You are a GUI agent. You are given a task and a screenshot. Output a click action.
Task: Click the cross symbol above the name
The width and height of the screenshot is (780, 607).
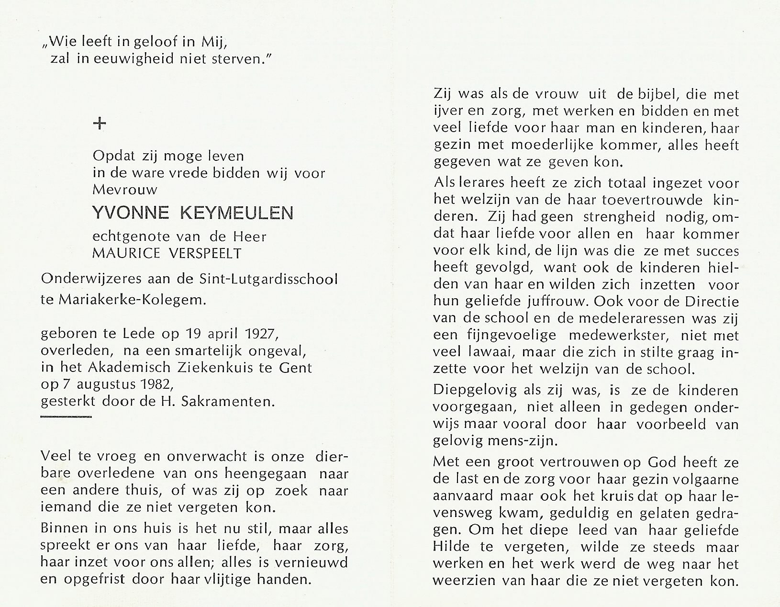100,124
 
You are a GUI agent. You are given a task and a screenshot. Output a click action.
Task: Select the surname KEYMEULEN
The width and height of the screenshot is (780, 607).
236,213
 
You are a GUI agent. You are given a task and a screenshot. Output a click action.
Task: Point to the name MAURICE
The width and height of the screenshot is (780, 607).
125,253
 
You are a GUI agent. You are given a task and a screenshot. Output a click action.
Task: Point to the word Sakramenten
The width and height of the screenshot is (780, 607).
228,401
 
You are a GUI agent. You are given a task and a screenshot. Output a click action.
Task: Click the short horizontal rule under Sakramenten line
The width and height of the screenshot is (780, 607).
66,417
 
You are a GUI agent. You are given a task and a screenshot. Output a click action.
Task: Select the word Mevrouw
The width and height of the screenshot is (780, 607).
125,190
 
